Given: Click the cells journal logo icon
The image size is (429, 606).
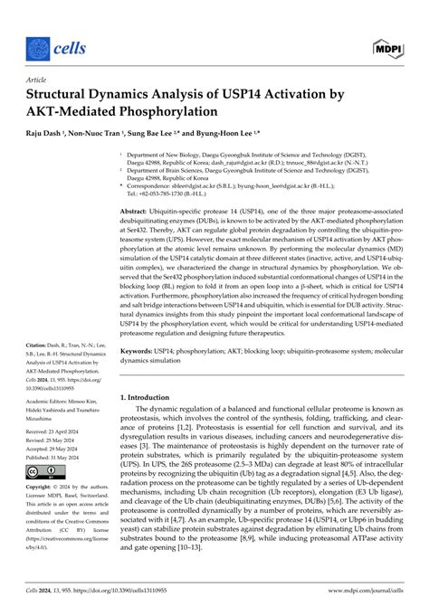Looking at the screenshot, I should [37, 45].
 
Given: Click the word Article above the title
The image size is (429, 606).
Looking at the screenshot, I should [39, 79].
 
